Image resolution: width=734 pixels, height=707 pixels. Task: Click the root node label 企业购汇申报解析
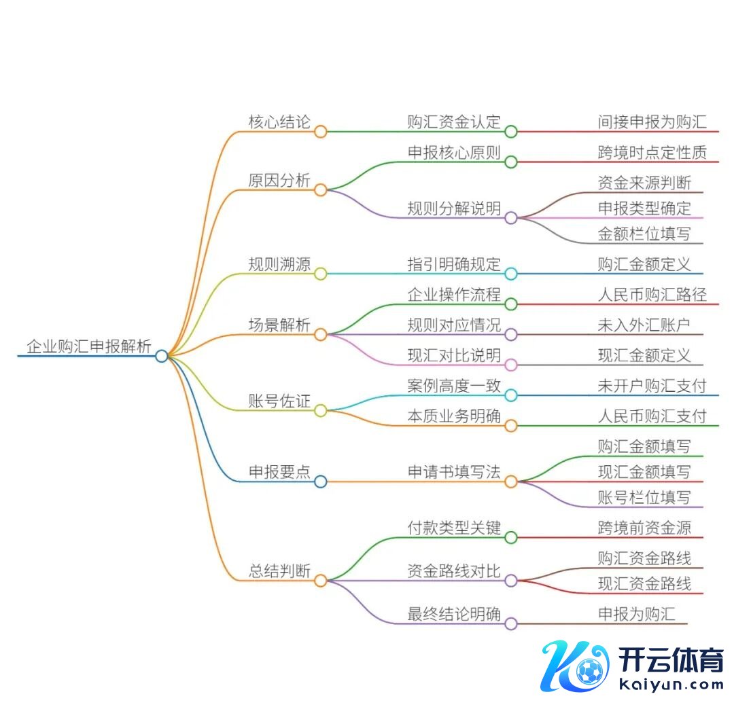(x=88, y=346)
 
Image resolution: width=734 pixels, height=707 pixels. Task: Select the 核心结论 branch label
(x=279, y=122)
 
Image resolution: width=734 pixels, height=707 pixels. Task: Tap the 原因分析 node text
(x=279, y=181)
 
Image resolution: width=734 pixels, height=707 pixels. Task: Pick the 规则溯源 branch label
(x=279, y=264)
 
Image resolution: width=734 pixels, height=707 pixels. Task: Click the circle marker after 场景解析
(x=320, y=334)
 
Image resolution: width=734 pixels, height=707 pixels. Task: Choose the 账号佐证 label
(x=279, y=401)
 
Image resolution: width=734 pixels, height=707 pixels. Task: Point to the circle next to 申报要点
(x=320, y=482)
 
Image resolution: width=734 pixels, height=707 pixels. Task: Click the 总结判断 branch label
(x=279, y=571)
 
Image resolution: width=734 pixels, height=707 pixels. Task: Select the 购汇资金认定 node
(x=454, y=122)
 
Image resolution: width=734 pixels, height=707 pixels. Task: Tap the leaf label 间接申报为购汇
(x=652, y=122)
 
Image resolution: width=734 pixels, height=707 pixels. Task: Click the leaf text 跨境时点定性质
(x=652, y=152)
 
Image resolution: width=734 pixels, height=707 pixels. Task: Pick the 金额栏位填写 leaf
(x=644, y=234)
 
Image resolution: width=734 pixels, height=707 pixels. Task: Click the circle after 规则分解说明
(x=511, y=218)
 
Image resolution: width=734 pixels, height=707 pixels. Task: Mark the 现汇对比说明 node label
(x=454, y=355)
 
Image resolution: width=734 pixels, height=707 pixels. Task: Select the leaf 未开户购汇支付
(x=652, y=386)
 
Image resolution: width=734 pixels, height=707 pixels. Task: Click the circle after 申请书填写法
(x=511, y=482)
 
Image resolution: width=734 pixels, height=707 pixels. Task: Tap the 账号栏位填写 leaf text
(x=644, y=497)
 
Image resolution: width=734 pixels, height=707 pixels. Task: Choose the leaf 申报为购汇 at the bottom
(x=636, y=614)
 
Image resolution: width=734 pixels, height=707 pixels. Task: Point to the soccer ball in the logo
(x=589, y=672)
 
